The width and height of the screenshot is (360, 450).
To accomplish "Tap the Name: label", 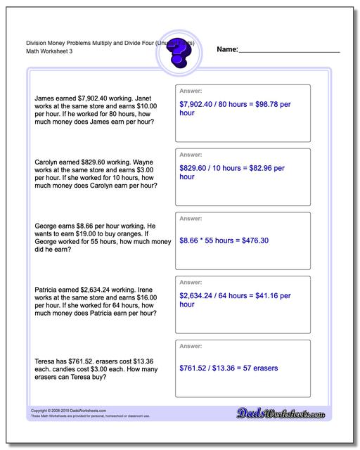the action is point(227,49).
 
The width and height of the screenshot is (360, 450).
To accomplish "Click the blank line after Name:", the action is point(290,51).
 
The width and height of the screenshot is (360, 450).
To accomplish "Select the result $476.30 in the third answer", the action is point(250,240).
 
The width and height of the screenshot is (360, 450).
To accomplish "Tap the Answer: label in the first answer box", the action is point(190,91).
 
